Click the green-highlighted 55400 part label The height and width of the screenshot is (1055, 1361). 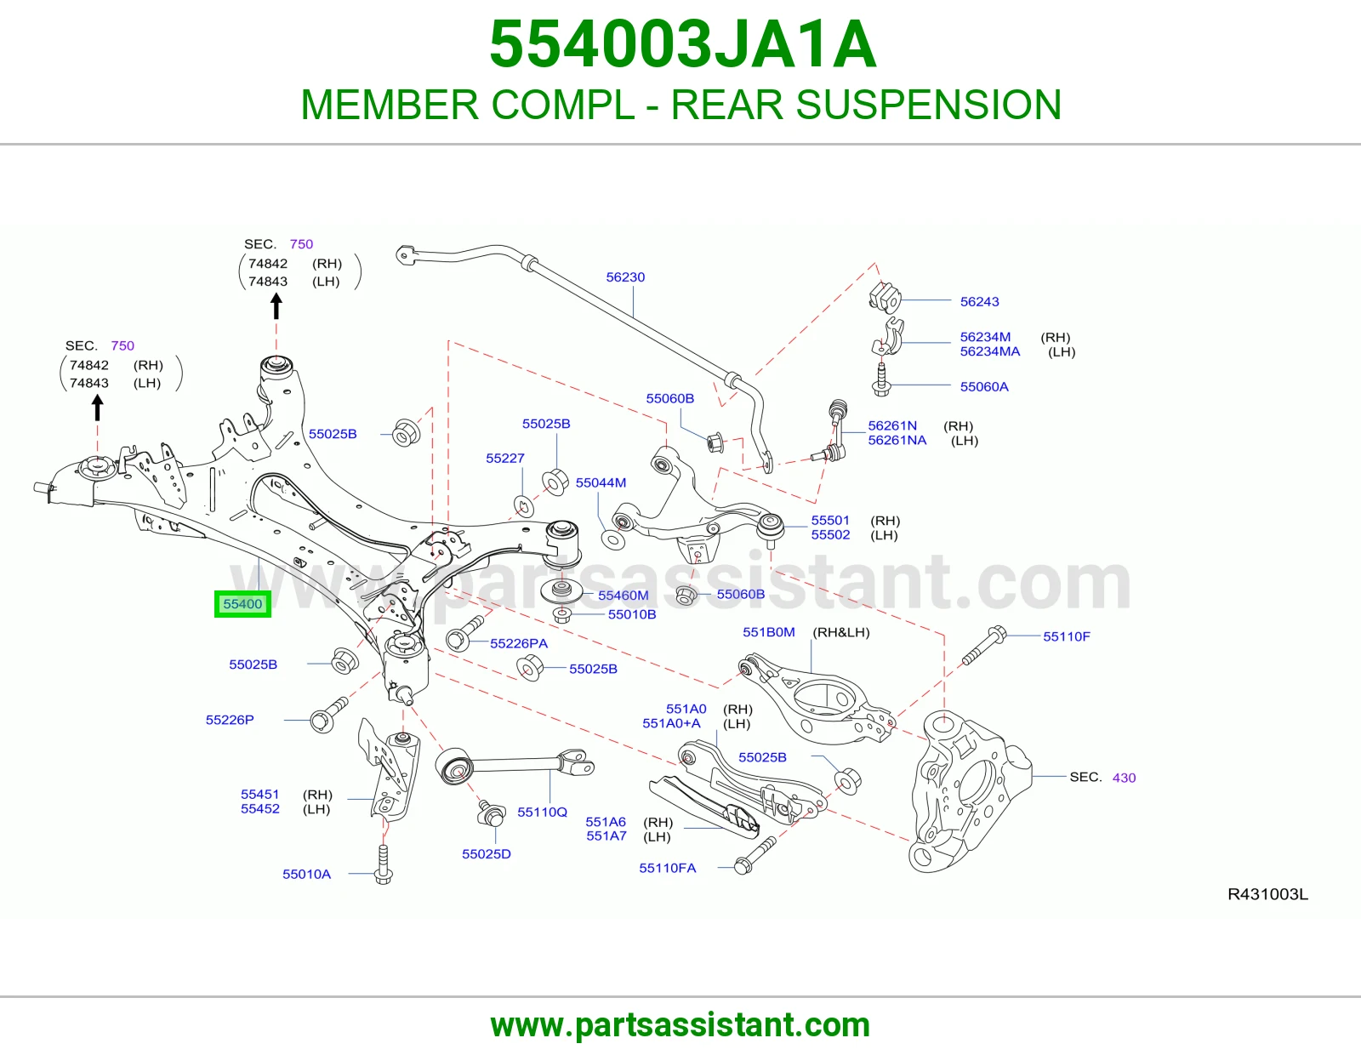(242, 604)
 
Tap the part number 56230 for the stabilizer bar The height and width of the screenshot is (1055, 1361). (625, 277)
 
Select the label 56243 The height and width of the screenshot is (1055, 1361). (980, 301)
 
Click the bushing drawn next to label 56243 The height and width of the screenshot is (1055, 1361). (884, 297)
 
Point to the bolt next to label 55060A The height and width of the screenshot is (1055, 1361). (880, 379)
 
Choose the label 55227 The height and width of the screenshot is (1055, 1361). (504, 458)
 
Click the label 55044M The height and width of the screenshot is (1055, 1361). (601, 482)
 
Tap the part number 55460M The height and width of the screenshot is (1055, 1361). (624, 596)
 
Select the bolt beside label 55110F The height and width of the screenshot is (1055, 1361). (983, 645)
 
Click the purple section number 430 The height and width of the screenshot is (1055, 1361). (1124, 778)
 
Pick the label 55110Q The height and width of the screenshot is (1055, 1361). (542, 812)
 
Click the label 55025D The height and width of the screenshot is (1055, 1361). (486, 854)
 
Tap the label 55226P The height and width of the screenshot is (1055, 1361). (230, 720)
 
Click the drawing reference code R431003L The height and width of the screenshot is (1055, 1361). (1267, 894)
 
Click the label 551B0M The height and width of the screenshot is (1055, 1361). (768, 632)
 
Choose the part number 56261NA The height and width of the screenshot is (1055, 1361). (897, 440)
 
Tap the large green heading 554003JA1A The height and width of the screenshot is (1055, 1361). (682, 44)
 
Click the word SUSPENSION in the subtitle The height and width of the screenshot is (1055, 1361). (928, 104)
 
